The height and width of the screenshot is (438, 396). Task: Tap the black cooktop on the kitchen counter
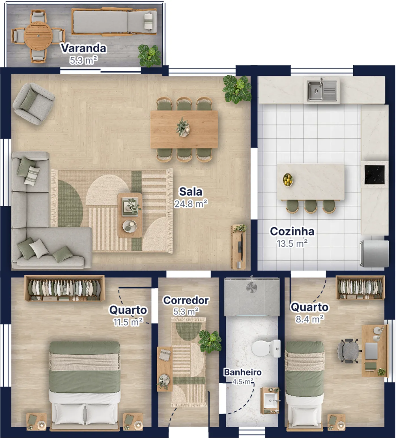click(375, 174)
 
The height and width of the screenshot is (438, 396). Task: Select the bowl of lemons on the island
click(288, 180)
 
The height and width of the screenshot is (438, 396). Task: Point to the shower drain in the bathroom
click(251, 287)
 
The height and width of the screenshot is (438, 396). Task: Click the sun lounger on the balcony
click(114, 22)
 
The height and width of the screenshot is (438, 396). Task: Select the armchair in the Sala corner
click(33, 103)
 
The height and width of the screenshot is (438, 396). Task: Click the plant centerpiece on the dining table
click(183, 127)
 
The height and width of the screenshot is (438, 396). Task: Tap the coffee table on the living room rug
click(130, 215)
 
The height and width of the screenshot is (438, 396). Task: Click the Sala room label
click(191, 192)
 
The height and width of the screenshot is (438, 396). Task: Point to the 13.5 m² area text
click(292, 243)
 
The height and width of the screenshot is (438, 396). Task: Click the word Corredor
click(186, 300)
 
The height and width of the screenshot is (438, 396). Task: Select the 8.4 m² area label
click(309, 319)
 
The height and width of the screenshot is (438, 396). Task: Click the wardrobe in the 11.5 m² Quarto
click(64, 288)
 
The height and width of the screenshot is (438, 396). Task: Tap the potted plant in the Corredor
click(210, 341)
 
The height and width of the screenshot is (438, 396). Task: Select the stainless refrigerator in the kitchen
click(374, 254)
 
